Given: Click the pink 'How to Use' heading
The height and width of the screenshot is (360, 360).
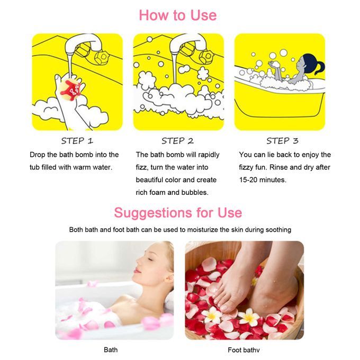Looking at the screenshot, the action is tap(178, 15).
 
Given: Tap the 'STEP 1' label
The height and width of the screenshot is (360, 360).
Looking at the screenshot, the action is tap(77, 141).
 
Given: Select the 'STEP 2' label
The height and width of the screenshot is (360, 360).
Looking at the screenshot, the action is tap(177, 141).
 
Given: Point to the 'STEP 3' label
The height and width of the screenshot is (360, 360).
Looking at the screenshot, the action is tap(282, 141).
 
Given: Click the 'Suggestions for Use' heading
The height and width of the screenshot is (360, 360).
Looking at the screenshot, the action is tap(178, 213).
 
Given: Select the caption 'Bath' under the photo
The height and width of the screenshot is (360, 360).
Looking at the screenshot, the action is tap(111, 349).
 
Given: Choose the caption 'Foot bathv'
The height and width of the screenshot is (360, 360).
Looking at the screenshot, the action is tap(244, 350).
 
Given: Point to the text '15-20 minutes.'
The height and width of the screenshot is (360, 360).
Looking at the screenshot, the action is tap(263, 180).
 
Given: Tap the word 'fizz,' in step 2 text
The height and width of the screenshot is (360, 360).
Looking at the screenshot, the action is tap(142, 167).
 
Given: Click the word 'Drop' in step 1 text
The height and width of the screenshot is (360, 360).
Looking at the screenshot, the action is tap(38, 155).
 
